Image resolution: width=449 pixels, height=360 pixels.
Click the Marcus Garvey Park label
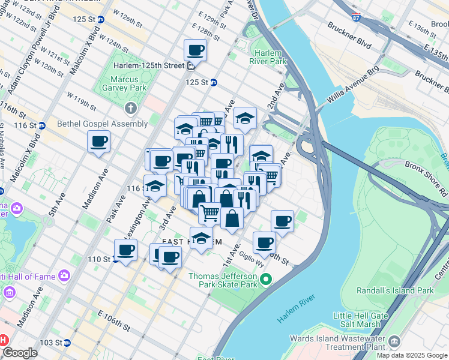click(129, 83)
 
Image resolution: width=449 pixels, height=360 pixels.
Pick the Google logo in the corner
click(20, 353)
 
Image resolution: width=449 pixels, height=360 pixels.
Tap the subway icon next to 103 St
click(67, 343)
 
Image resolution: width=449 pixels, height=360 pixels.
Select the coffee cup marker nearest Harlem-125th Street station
click(195, 51)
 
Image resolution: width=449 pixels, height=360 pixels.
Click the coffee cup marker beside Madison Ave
click(98, 142)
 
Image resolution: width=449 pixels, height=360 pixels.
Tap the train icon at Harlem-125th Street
click(190, 65)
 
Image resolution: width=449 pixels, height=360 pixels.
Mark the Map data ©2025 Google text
click(412, 355)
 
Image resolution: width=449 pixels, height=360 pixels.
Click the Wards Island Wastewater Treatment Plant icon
click(394, 342)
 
